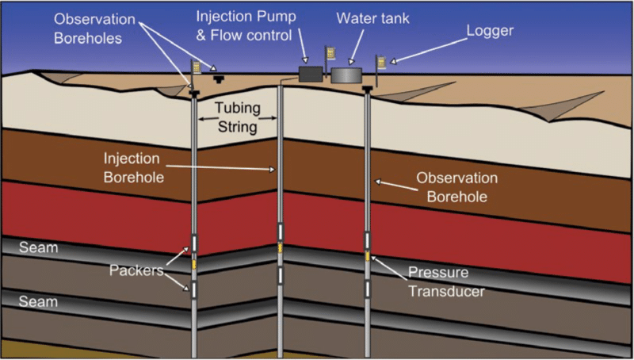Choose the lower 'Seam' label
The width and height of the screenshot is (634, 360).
click(x=40, y=301)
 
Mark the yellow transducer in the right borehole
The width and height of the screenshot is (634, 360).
click(x=367, y=255)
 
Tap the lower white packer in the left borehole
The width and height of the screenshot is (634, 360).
click(x=193, y=289)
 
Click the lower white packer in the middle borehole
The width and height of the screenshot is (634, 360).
click(x=280, y=274)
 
